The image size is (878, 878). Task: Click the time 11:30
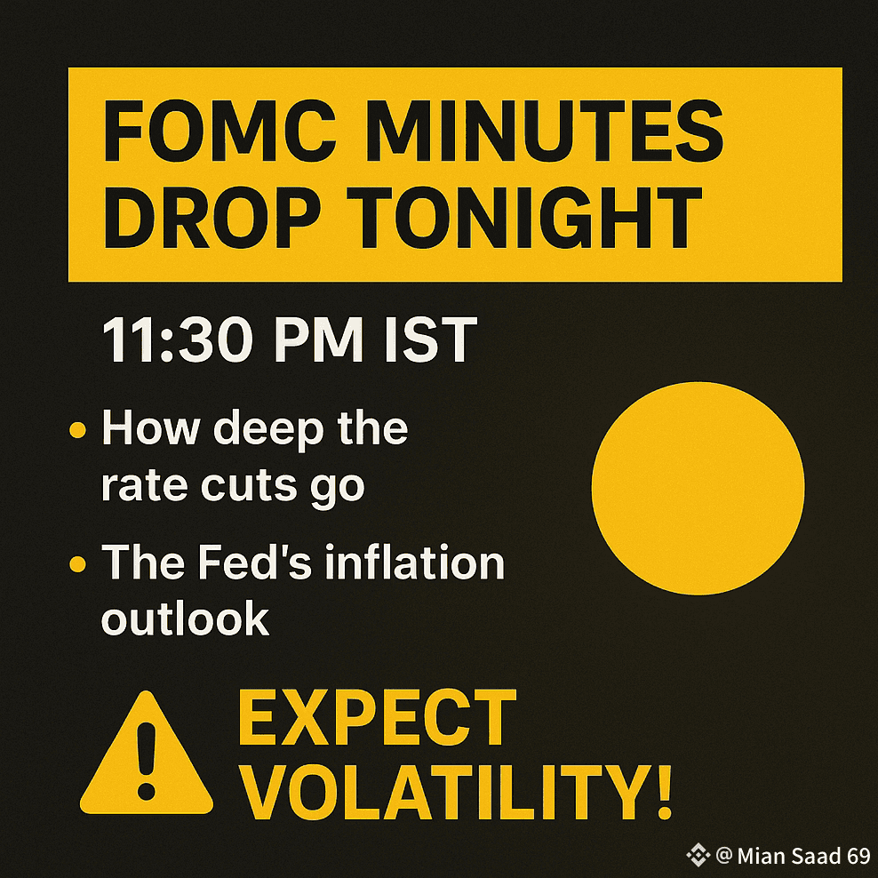click(176, 339)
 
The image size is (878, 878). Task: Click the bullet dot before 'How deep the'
click(77, 430)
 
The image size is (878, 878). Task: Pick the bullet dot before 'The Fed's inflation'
click(77, 563)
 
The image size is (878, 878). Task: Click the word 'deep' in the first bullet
click(268, 430)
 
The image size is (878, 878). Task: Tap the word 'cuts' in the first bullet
click(249, 485)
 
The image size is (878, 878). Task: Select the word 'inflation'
click(415, 562)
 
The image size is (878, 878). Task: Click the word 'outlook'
click(186, 618)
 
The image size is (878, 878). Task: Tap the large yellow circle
click(698, 488)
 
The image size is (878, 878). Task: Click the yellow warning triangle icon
click(147, 752)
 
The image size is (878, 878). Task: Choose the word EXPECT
click(377, 717)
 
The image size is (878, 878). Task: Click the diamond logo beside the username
click(698, 855)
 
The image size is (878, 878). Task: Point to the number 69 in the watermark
click(858, 856)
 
